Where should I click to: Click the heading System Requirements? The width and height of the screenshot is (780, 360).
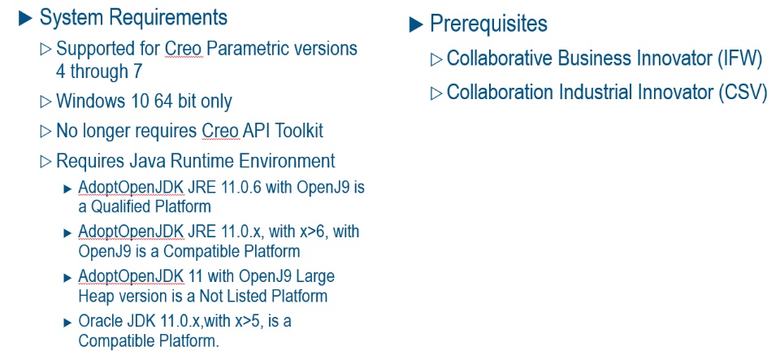tap(133, 17)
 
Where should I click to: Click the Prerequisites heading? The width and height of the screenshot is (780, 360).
tap(488, 24)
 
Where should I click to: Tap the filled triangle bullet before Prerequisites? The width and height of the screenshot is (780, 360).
tap(416, 24)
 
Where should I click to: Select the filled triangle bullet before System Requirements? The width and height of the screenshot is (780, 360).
tap(25, 19)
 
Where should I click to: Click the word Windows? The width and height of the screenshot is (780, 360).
tap(84, 101)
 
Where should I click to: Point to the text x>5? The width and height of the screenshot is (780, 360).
tap(250, 322)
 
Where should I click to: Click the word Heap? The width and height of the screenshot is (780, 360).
tap(92, 296)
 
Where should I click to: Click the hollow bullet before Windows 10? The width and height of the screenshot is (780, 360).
tap(45, 102)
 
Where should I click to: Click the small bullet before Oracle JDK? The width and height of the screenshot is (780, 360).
tap(67, 323)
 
